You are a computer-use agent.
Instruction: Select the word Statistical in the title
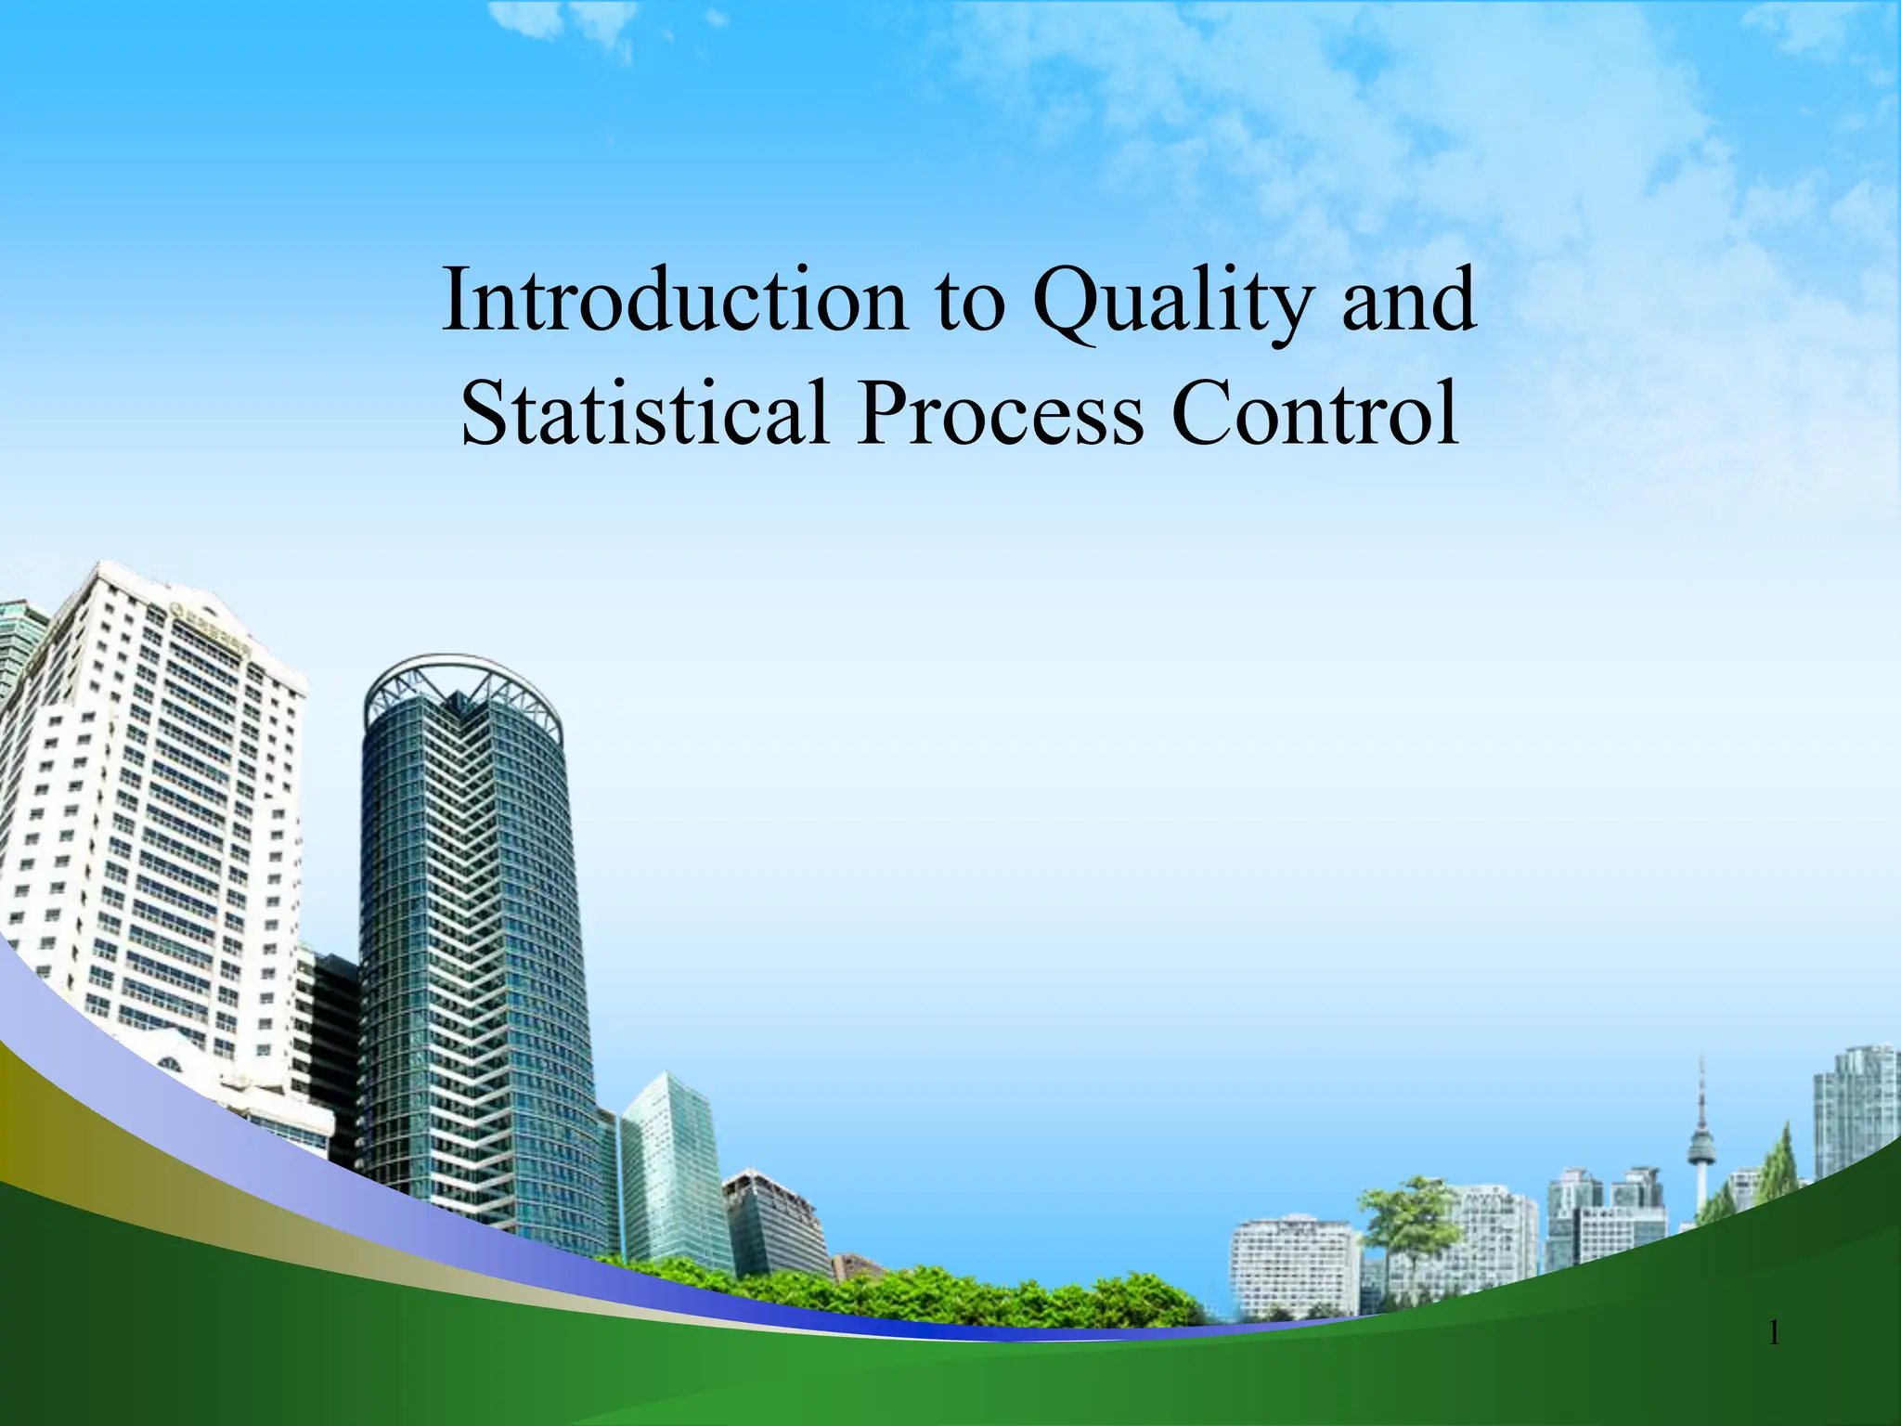point(644,413)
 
